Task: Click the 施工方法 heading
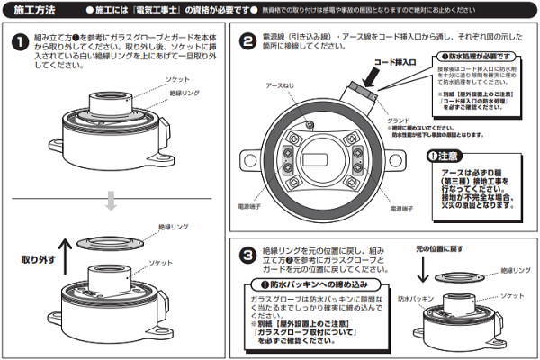(x=34, y=10)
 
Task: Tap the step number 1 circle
(x=21, y=42)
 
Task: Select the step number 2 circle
(x=247, y=42)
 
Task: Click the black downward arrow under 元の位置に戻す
(x=424, y=267)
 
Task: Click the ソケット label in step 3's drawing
(x=514, y=294)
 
